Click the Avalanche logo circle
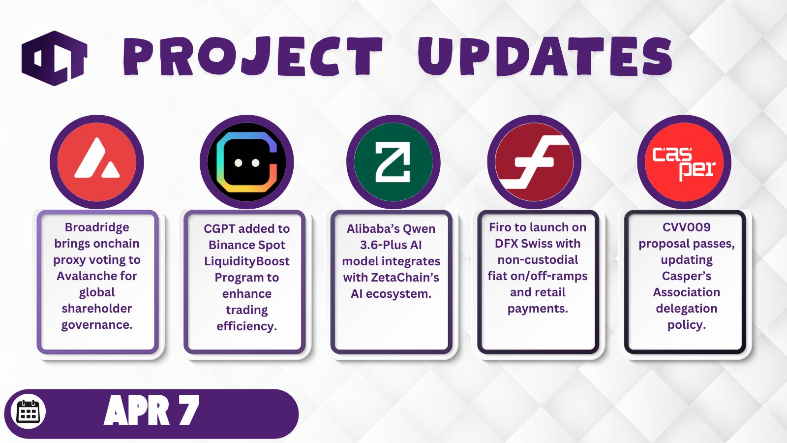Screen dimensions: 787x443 [x=97, y=162]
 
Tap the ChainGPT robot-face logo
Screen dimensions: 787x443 [x=246, y=162]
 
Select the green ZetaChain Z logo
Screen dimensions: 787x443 [x=393, y=162]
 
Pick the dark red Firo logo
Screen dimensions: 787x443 [x=534, y=162]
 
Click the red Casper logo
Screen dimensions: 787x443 [x=684, y=162]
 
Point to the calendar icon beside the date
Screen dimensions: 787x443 [x=28, y=412]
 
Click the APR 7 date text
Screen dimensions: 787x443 [x=151, y=410]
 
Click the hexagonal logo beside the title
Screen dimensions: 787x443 [x=55, y=59]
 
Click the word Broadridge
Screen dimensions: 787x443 [x=97, y=227]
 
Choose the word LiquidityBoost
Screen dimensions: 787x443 [x=247, y=261]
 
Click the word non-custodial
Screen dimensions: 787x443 [x=538, y=260]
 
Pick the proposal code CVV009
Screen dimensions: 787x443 [x=687, y=227]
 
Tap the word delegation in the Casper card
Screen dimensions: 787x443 [x=687, y=309]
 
